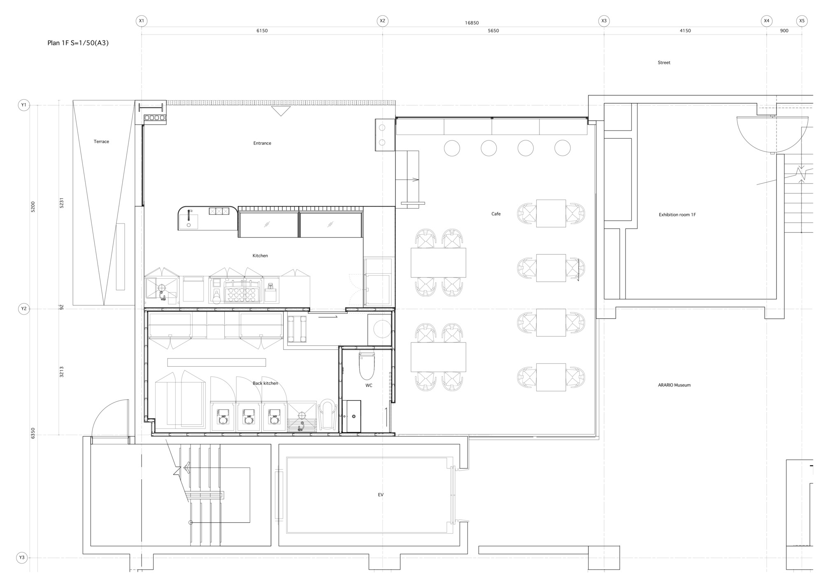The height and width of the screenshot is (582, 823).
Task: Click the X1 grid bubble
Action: coord(142,21)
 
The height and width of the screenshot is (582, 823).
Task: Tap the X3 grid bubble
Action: coord(604,21)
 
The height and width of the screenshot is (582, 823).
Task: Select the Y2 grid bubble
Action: coord(24,309)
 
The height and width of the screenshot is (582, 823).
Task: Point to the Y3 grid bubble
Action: coord(22,558)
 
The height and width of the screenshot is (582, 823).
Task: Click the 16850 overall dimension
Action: coord(472,23)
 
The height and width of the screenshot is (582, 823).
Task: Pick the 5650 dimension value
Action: coord(493,31)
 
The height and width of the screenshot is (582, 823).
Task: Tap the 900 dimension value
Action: coord(784,31)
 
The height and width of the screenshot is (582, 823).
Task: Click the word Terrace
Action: coord(101,142)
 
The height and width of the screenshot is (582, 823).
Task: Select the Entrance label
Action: coord(262,143)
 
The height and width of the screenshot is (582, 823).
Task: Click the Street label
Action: coord(664,63)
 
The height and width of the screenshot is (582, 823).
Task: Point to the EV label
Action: coord(381,495)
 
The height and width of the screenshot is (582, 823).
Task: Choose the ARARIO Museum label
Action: coord(674,385)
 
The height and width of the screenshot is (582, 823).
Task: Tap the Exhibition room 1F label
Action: coord(677,215)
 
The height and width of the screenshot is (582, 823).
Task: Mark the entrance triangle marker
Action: coord(281,111)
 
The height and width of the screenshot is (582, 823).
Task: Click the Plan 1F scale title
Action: coord(78,43)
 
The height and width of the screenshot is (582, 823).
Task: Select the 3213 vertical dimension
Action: coord(62,372)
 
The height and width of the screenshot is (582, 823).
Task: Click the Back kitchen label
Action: coord(265,383)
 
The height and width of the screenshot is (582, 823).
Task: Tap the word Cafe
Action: coord(496,214)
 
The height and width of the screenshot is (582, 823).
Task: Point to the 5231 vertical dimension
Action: coord(62,203)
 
